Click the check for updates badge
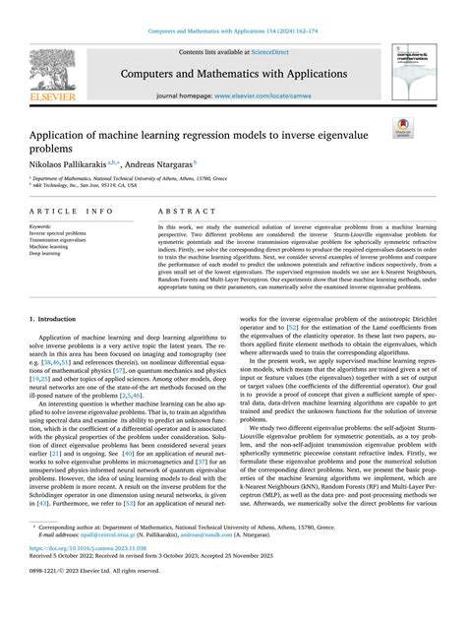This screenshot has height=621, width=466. (x=403, y=126)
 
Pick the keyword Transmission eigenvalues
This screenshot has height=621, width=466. (x=60, y=240)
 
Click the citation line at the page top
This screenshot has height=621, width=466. (x=232, y=8)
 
